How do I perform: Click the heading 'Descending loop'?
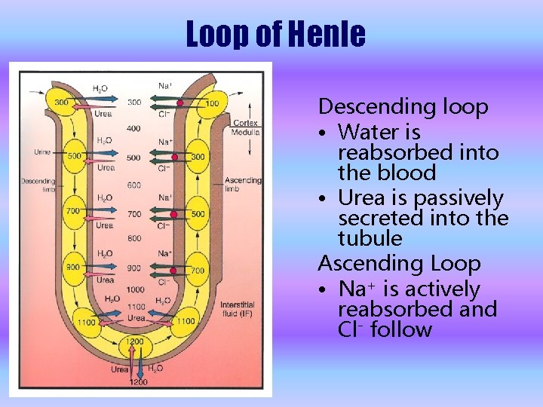[403, 106]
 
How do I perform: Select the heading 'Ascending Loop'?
[399, 264]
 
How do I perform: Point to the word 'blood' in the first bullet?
[409, 173]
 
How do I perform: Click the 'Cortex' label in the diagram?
[245, 123]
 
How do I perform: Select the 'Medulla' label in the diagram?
[246, 132]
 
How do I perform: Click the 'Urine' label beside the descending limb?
[42, 152]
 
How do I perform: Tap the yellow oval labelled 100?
[211, 103]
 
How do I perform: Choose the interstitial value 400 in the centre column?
[133, 129]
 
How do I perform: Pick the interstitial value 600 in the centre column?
[133, 186]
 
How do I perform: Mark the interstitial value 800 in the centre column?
[133, 239]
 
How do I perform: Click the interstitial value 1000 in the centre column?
[135, 289]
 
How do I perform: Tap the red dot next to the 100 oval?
[180, 102]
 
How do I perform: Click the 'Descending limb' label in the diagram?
[38, 185]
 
